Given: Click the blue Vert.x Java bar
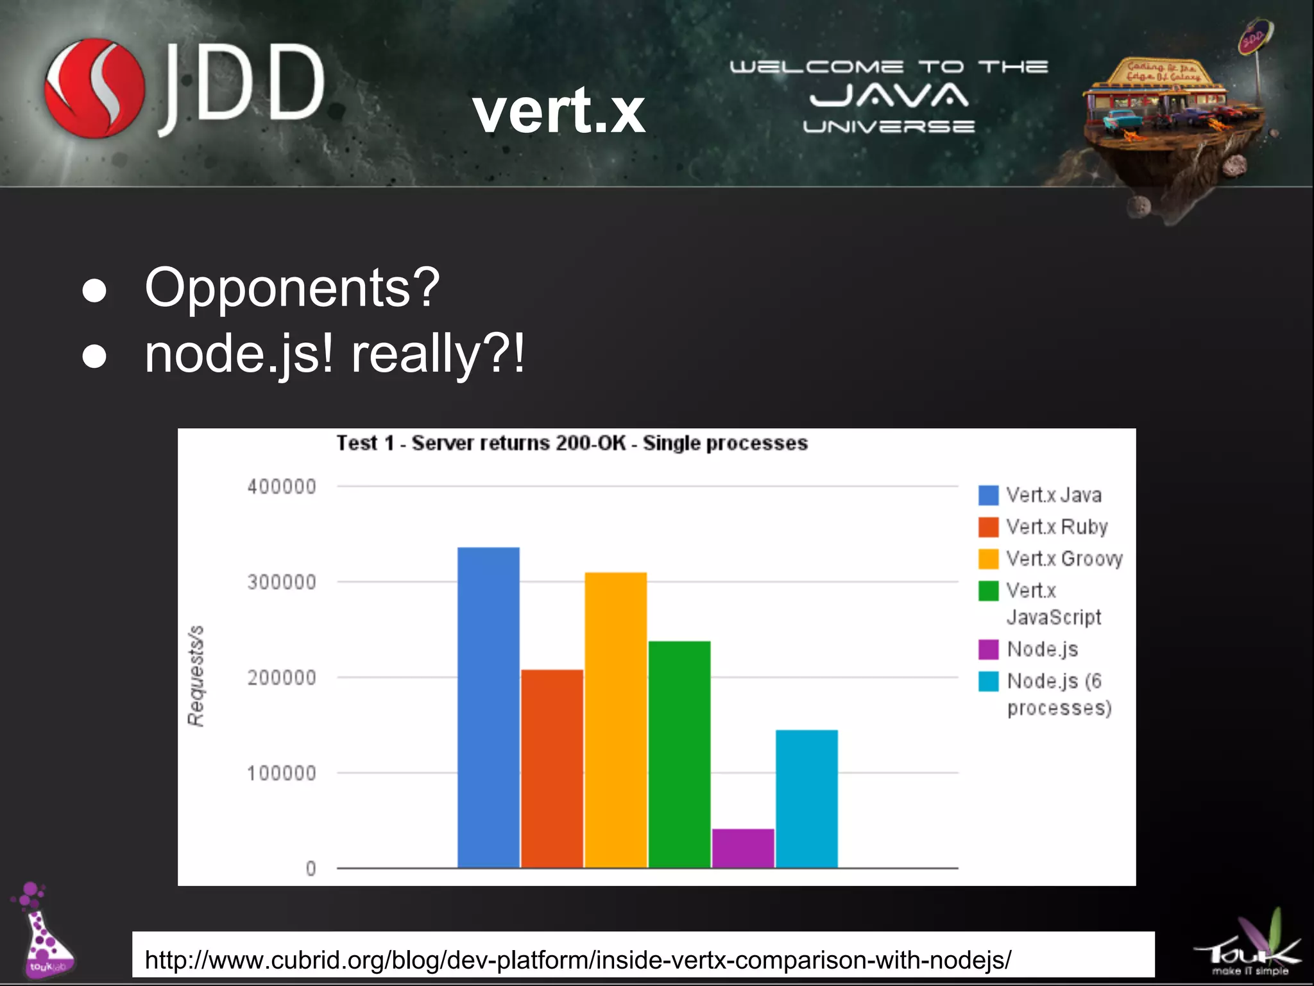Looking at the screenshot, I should (x=488, y=706).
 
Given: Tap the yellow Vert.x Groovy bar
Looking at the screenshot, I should (x=615, y=719).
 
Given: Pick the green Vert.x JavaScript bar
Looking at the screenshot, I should (x=679, y=754).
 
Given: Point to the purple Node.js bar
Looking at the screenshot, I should (x=742, y=848).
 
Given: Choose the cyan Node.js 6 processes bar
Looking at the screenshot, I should (x=806, y=799).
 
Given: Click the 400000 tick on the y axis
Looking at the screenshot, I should (x=282, y=487).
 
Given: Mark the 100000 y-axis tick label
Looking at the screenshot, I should (x=282, y=773).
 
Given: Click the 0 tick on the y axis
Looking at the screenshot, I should (x=311, y=869).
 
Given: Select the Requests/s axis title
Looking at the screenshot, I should (x=196, y=675).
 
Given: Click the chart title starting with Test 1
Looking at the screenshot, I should (x=572, y=443).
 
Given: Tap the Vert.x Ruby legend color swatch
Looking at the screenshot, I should (x=988, y=527).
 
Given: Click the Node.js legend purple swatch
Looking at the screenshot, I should (x=988, y=649).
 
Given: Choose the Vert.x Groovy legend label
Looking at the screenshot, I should (x=1064, y=558).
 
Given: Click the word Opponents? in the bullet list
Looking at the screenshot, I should (x=292, y=288).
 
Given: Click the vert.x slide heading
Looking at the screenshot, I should (x=559, y=110).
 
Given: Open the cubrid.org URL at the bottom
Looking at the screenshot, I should (x=577, y=960).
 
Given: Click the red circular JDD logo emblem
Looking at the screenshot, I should (x=94, y=88).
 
